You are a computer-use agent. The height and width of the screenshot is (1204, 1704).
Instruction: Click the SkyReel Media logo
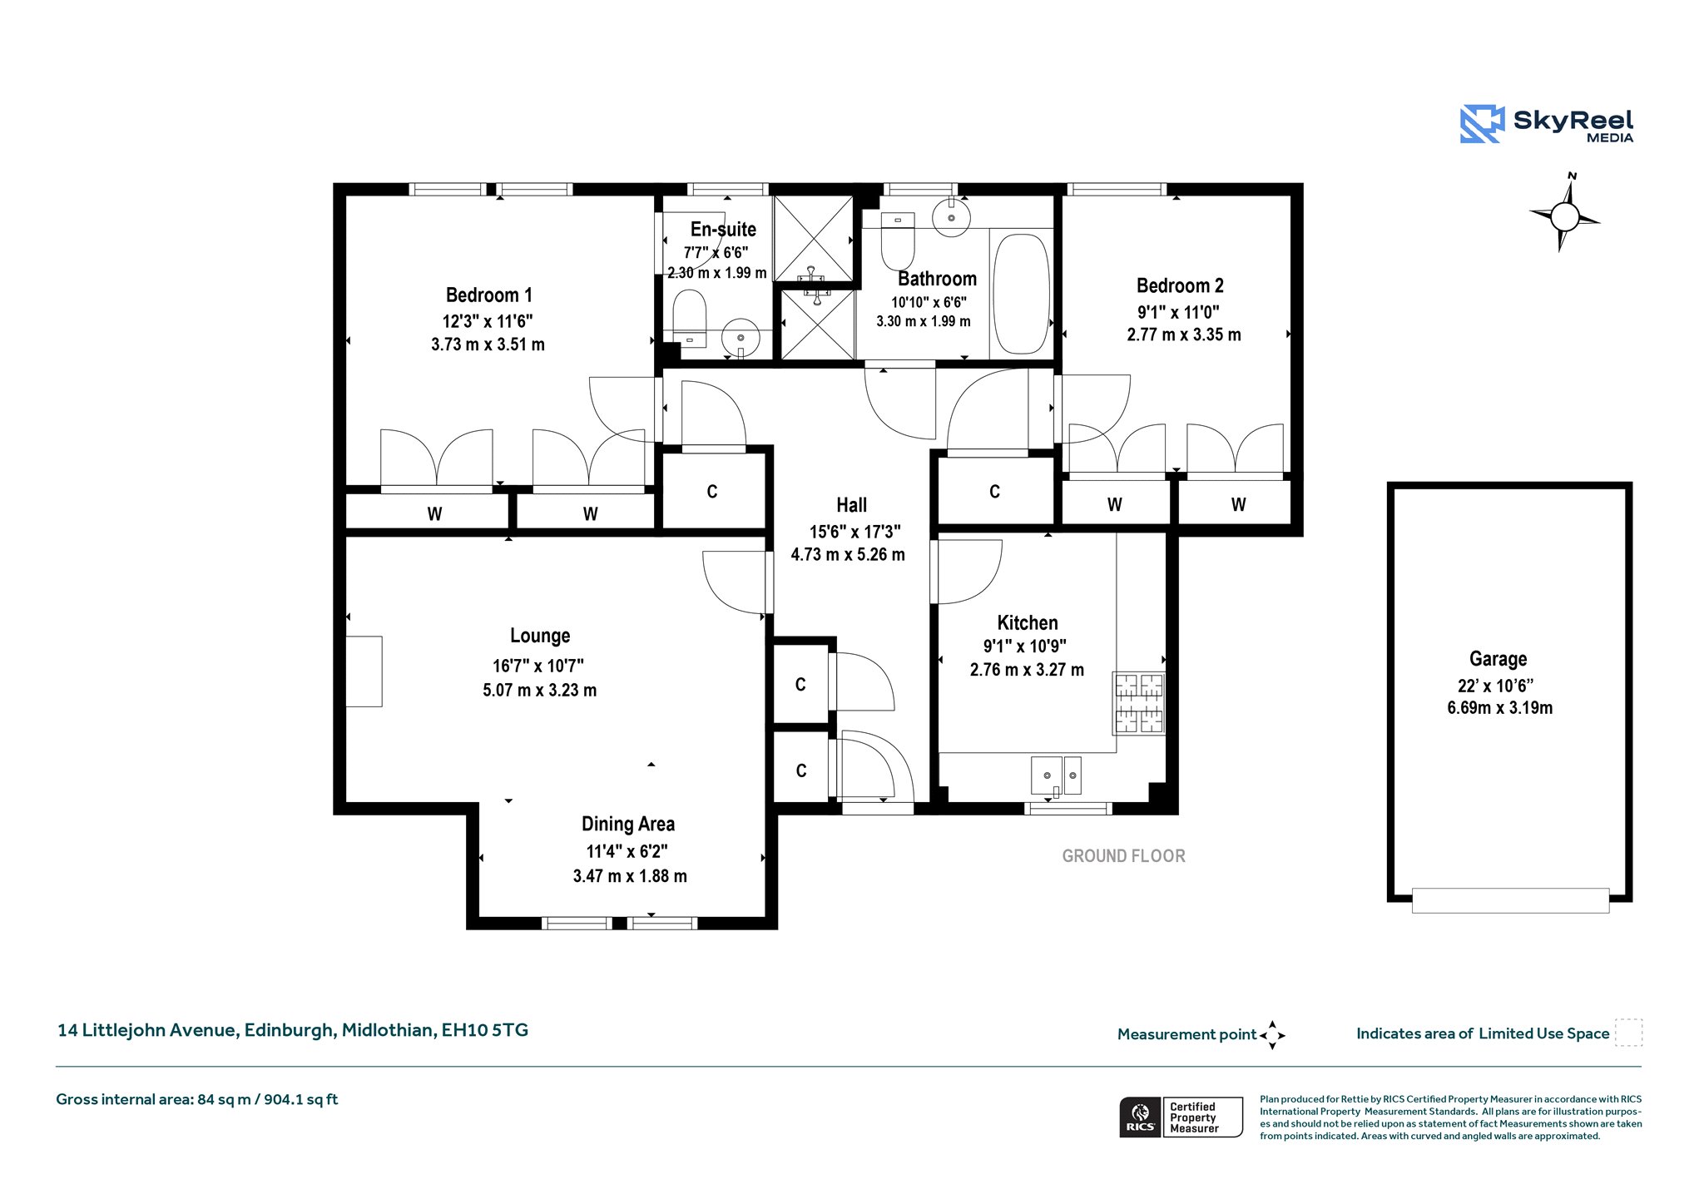coord(1547,124)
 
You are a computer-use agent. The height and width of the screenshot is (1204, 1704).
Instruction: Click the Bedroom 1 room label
coord(488,295)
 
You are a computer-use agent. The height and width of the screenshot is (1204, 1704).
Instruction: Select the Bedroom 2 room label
coord(1180,286)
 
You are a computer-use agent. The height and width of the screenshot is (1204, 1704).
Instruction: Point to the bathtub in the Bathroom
coord(1022,294)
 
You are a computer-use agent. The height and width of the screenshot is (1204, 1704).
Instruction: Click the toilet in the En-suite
coord(689,317)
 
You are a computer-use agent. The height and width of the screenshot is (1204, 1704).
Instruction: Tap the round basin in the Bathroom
coord(951,217)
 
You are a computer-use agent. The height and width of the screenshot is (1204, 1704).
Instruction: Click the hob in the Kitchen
coord(1138,703)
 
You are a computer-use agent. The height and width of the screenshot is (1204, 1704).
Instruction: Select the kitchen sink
coord(1056,776)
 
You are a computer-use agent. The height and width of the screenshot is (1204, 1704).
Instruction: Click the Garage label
coord(1498,659)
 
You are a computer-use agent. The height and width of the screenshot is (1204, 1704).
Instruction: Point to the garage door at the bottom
coord(1510,900)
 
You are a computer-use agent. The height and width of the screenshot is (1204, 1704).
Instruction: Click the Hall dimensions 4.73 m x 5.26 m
coord(848,555)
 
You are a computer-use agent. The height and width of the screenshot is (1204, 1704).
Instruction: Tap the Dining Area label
coord(628,825)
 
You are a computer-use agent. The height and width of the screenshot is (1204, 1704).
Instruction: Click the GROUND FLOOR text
coord(1124,856)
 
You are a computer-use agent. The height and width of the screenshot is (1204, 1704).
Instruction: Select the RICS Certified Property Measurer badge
coord(1181,1117)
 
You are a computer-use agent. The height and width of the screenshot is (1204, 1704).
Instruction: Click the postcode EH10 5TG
coord(485,1030)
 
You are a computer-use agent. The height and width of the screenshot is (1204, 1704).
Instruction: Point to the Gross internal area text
coord(197,1100)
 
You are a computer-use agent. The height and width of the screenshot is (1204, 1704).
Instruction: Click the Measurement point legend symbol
coord(1272,1035)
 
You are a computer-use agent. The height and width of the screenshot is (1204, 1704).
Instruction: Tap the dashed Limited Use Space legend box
coord(1628,1033)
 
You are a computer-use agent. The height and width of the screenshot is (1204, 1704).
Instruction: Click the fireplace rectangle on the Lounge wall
coord(364,671)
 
